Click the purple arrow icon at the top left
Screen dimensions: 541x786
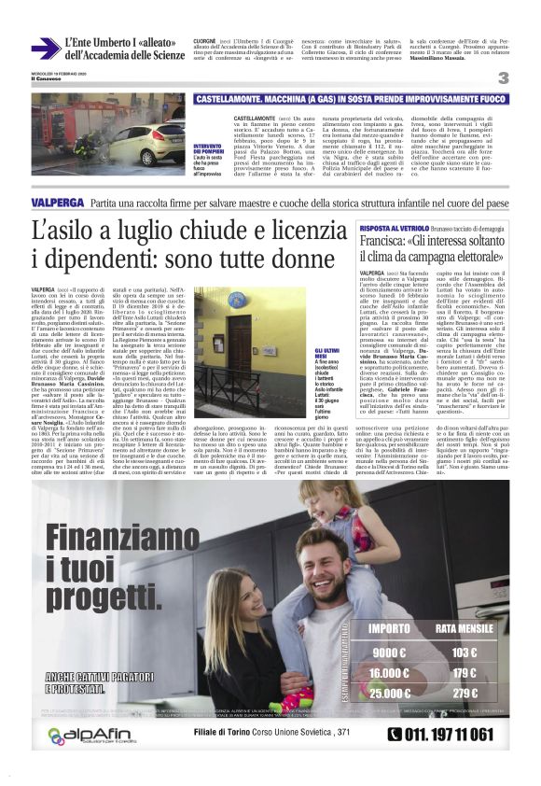click(45, 49)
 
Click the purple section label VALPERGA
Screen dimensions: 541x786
click(57, 202)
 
